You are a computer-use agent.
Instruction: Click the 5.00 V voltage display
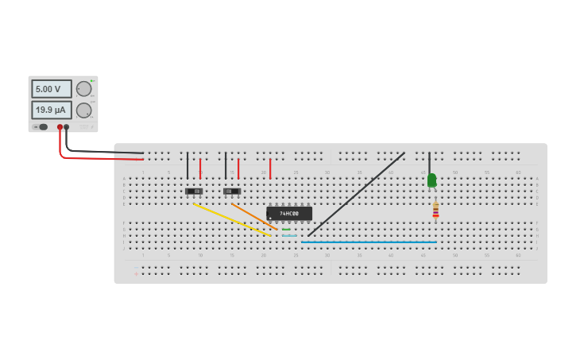coord(51,89)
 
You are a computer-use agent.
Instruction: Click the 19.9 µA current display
coord(51,110)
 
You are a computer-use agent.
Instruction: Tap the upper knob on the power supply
coord(83,89)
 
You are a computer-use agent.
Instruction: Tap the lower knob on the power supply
coord(83,110)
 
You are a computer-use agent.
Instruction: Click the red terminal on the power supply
coord(60,127)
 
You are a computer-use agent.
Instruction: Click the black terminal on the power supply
coord(66,127)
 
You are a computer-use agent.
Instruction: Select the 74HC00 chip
coord(289,214)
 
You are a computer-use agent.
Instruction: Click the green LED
coord(431,180)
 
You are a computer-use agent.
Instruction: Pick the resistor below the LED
coord(435,209)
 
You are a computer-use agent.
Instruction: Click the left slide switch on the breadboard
coord(194,192)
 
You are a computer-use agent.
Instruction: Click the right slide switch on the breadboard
coord(232,192)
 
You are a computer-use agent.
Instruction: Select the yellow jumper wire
coord(232,219)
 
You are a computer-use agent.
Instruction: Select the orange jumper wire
coord(254,217)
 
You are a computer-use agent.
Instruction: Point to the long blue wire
coord(369,242)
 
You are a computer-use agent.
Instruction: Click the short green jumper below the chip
coord(286,230)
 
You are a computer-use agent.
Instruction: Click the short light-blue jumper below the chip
coord(289,236)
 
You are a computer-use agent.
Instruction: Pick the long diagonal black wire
coord(358,194)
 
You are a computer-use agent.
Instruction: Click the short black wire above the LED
coord(429,161)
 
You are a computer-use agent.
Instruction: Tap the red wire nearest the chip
coord(270,168)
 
